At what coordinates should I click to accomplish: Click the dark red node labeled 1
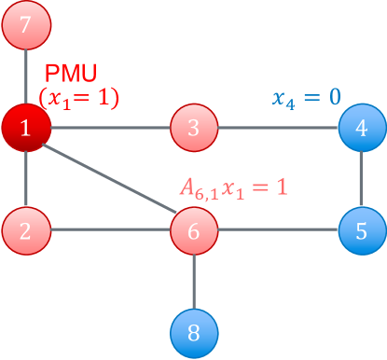point(25,128)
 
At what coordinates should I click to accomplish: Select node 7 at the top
point(25,25)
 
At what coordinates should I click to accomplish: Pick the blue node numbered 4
point(362,128)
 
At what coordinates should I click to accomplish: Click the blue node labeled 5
point(362,229)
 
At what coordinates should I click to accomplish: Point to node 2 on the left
point(25,229)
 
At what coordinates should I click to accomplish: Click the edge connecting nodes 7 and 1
point(25,76)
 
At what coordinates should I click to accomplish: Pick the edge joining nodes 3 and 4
point(278,128)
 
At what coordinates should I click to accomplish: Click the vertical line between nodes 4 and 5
point(362,178)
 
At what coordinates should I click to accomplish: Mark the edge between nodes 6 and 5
point(278,229)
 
